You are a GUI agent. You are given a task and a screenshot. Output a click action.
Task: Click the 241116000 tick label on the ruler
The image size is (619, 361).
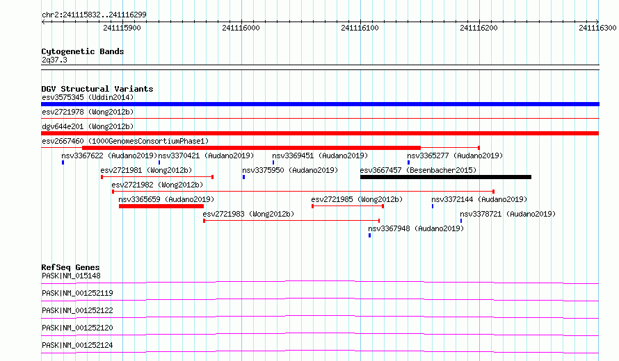tap(241, 28)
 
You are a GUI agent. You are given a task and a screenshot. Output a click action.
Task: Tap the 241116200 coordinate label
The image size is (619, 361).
tap(479, 28)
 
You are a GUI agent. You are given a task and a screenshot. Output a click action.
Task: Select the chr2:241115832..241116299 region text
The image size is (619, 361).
tap(94, 15)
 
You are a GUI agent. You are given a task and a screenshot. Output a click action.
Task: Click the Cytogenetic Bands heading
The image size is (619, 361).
tap(83, 51)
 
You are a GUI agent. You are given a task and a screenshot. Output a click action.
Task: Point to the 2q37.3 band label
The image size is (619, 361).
tap(54, 60)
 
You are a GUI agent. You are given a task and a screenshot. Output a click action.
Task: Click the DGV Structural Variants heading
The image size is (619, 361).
tap(97, 89)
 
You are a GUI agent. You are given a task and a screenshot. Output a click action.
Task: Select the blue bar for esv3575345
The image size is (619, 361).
tap(320, 104)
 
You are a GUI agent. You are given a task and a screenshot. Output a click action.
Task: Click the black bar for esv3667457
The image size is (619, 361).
tap(446, 177)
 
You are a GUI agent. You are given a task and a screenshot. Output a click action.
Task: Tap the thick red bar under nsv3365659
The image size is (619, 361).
tap(161, 206)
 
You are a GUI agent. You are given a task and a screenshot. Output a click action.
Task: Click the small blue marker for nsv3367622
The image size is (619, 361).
tap(63, 162)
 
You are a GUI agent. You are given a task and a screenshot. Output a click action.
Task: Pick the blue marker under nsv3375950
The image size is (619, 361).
tap(243, 177)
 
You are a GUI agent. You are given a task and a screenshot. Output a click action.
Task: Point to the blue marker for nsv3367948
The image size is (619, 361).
tap(369, 235)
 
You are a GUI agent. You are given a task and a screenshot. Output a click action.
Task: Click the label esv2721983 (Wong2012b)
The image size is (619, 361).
tap(248, 214)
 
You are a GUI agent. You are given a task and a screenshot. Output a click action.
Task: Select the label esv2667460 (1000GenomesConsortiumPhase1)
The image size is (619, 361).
tap(125, 141)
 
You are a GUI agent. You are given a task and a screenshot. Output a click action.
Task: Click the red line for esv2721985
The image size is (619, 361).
tap(348, 206)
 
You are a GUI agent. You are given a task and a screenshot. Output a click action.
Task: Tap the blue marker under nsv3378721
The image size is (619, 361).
tap(461, 221)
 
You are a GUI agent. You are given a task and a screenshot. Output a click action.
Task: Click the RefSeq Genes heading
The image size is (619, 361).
tap(70, 267)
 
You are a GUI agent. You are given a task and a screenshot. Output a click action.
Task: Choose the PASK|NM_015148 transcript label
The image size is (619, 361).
tap(71, 276)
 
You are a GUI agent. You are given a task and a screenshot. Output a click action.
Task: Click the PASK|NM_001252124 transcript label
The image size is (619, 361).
tap(77, 345)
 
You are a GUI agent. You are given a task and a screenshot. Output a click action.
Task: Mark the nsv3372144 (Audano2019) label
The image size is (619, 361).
tap(479, 199)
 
